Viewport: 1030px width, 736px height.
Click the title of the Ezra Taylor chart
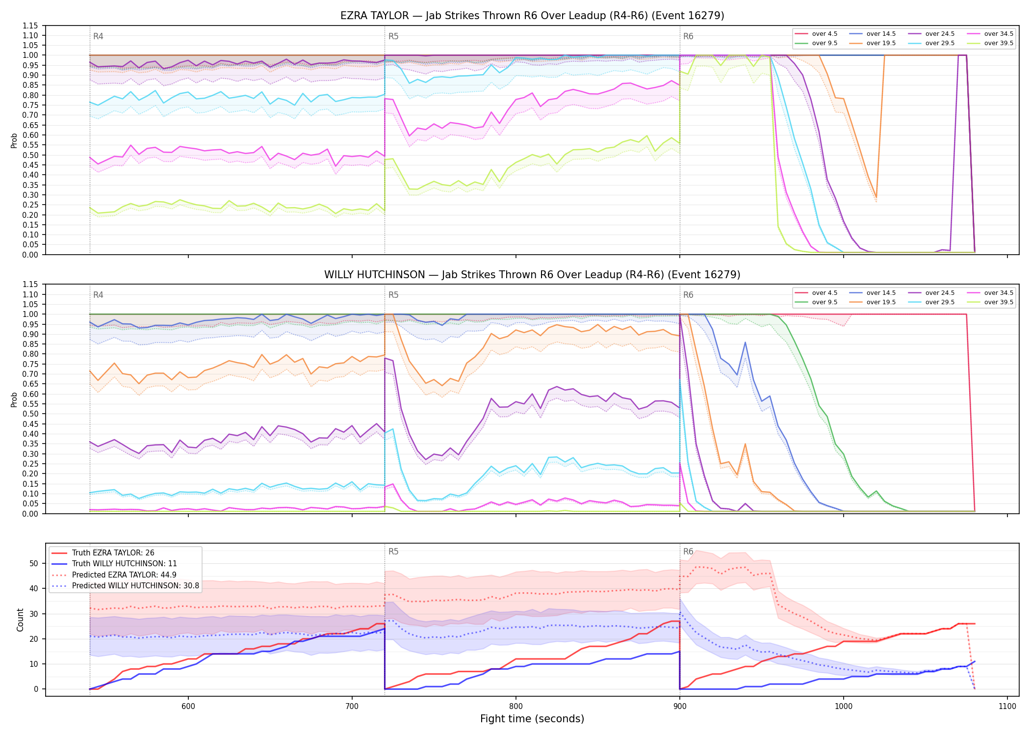[532, 16]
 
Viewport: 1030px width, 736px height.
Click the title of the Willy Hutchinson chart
[532, 275]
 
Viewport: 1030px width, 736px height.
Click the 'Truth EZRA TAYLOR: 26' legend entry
[113, 552]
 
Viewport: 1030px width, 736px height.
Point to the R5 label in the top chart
[393, 36]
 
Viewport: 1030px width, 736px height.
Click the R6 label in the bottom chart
[688, 552]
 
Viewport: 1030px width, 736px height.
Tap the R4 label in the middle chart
[98, 295]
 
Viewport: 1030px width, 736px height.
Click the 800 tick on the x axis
[515, 706]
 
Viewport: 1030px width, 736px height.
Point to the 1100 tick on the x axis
[1007, 706]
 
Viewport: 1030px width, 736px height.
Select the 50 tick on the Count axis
[34, 563]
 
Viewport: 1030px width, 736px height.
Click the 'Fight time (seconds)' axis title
[532, 719]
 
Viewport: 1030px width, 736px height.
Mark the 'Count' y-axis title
[20, 620]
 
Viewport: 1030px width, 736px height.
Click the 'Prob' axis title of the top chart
[14, 140]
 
